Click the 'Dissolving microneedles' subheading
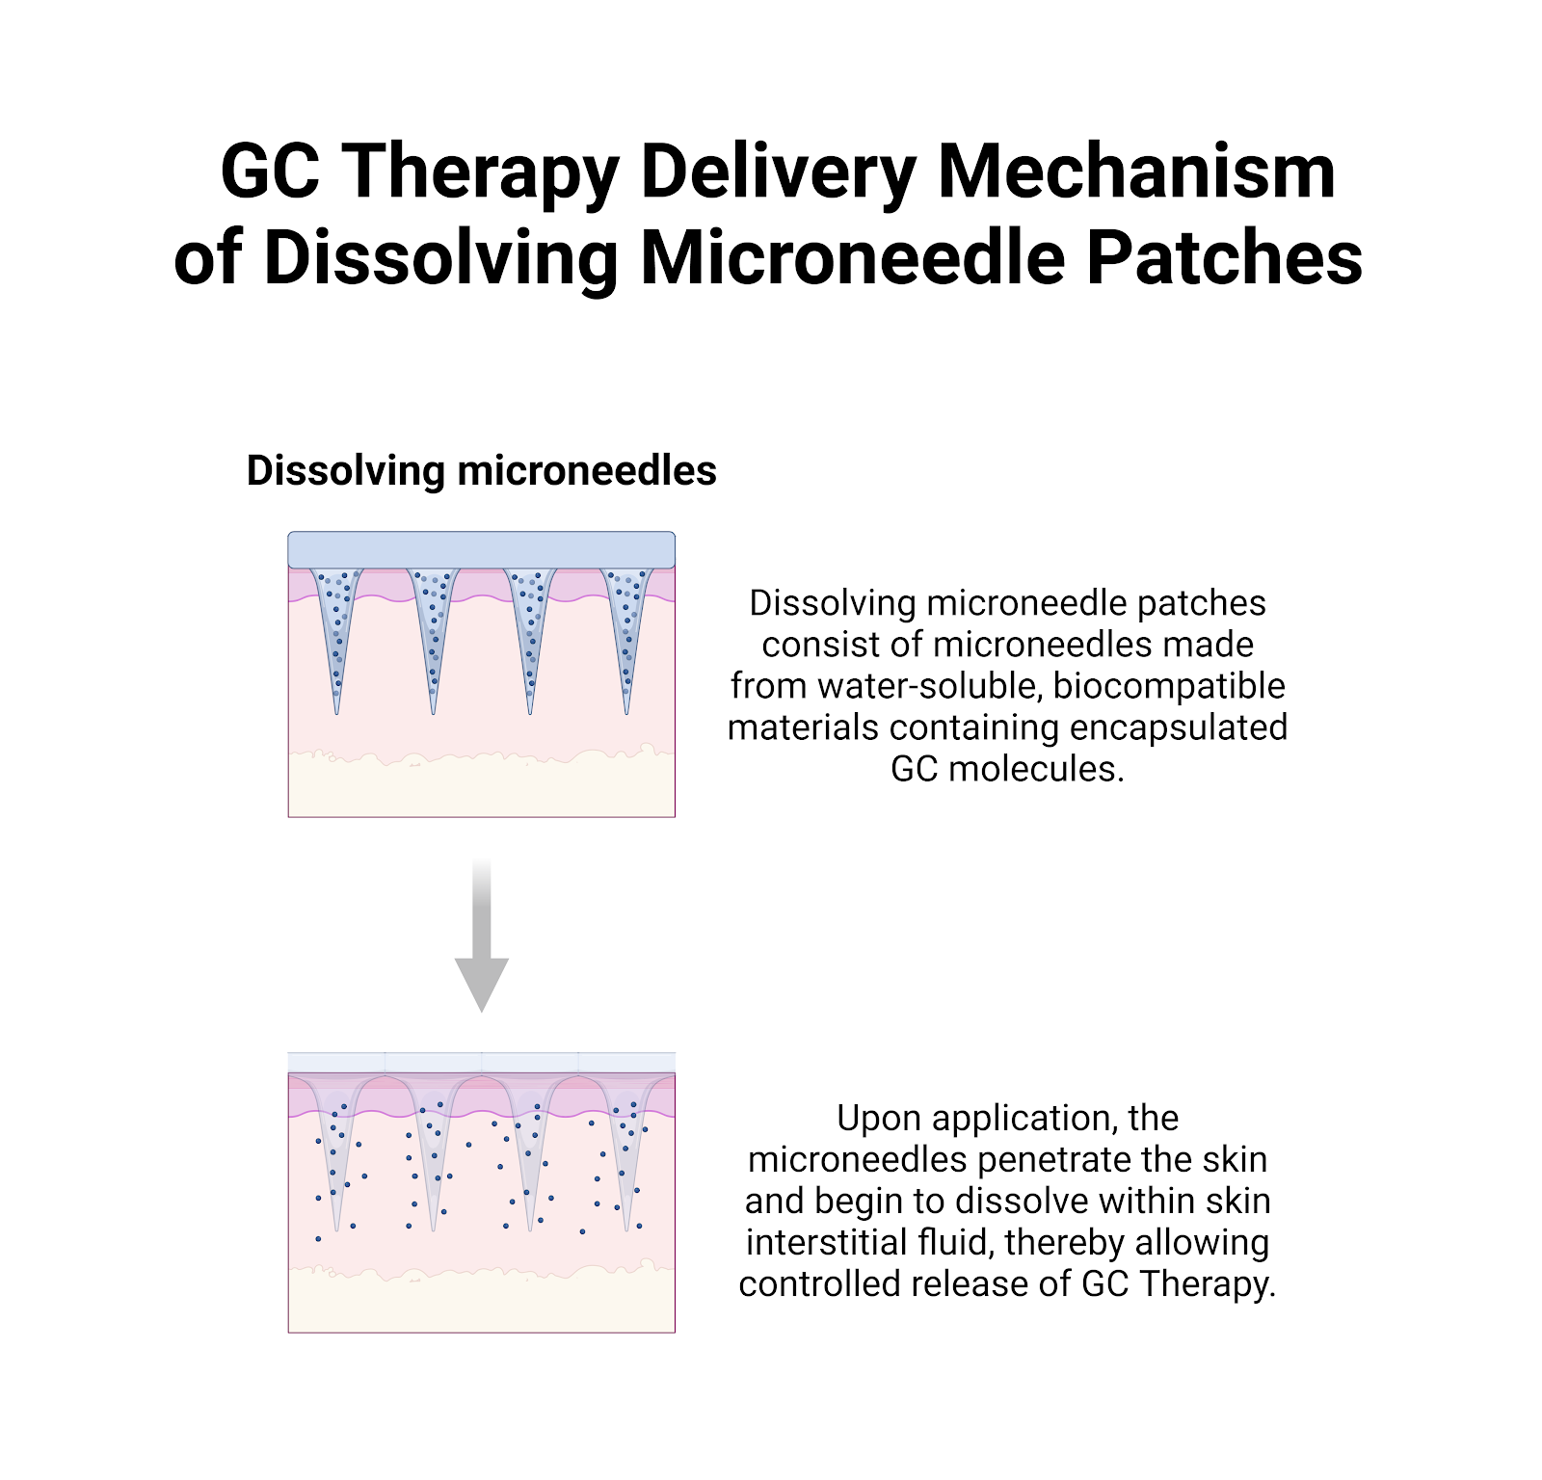pos(481,471)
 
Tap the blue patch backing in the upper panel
pos(481,549)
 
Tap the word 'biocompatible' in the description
pos(1169,686)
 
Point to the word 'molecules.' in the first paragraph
pos(1036,769)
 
